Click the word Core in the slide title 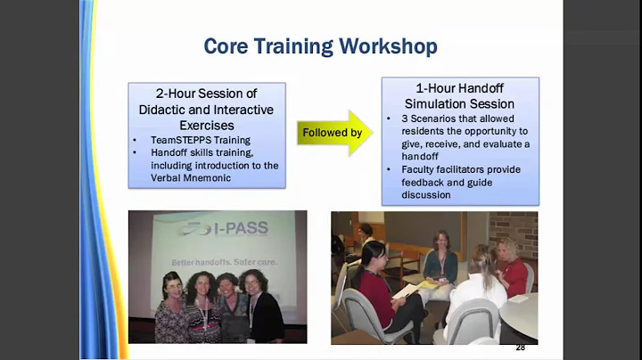pos(227,45)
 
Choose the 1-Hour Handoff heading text pos(460,89)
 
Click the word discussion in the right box pos(425,194)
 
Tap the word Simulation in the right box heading pos(439,103)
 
